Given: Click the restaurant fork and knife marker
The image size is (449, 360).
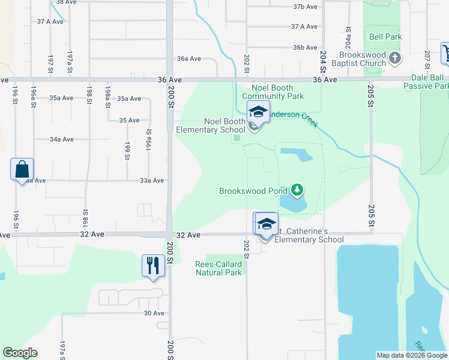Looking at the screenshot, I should pyautogui.click(x=152, y=265).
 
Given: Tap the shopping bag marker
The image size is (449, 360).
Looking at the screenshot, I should pyautogui.click(x=22, y=169).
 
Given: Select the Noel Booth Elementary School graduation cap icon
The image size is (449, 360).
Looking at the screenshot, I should pyautogui.click(x=258, y=112).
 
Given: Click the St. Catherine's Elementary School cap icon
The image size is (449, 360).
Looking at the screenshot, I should pyautogui.click(x=266, y=224).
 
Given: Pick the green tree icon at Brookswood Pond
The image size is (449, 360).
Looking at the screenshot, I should pyautogui.click(x=297, y=190).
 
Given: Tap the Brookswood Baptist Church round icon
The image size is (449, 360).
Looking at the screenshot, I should pyautogui.click(x=395, y=58).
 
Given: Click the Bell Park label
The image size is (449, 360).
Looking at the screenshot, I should pyautogui.click(x=385, y=37).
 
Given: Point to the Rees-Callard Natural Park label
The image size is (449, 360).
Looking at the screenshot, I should pyautogui.click(x=218, y=268).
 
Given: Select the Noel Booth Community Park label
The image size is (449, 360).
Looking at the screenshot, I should pyautogui.click(x=273, y=92).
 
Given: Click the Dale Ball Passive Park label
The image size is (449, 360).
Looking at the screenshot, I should pyautogui.click(x=427, y=82).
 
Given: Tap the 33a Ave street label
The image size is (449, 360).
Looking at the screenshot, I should pyautogui.click(x=152, y=180).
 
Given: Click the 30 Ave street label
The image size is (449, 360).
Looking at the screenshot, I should pyautogui.click(x=154, y=313).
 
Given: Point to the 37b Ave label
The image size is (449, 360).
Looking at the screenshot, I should pyautogui.click(x=305, y=7).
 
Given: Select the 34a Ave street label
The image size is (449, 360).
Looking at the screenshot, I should pyautogui.click(x=61, y=139).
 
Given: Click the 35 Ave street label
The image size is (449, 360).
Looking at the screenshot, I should pyautogui.click(x=129, y=120).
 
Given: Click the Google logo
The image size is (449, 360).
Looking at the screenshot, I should pyautogui.click(x=20, y=353).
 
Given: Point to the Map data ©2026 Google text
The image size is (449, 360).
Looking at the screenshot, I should pyautogui.click(x=411, y=355).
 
